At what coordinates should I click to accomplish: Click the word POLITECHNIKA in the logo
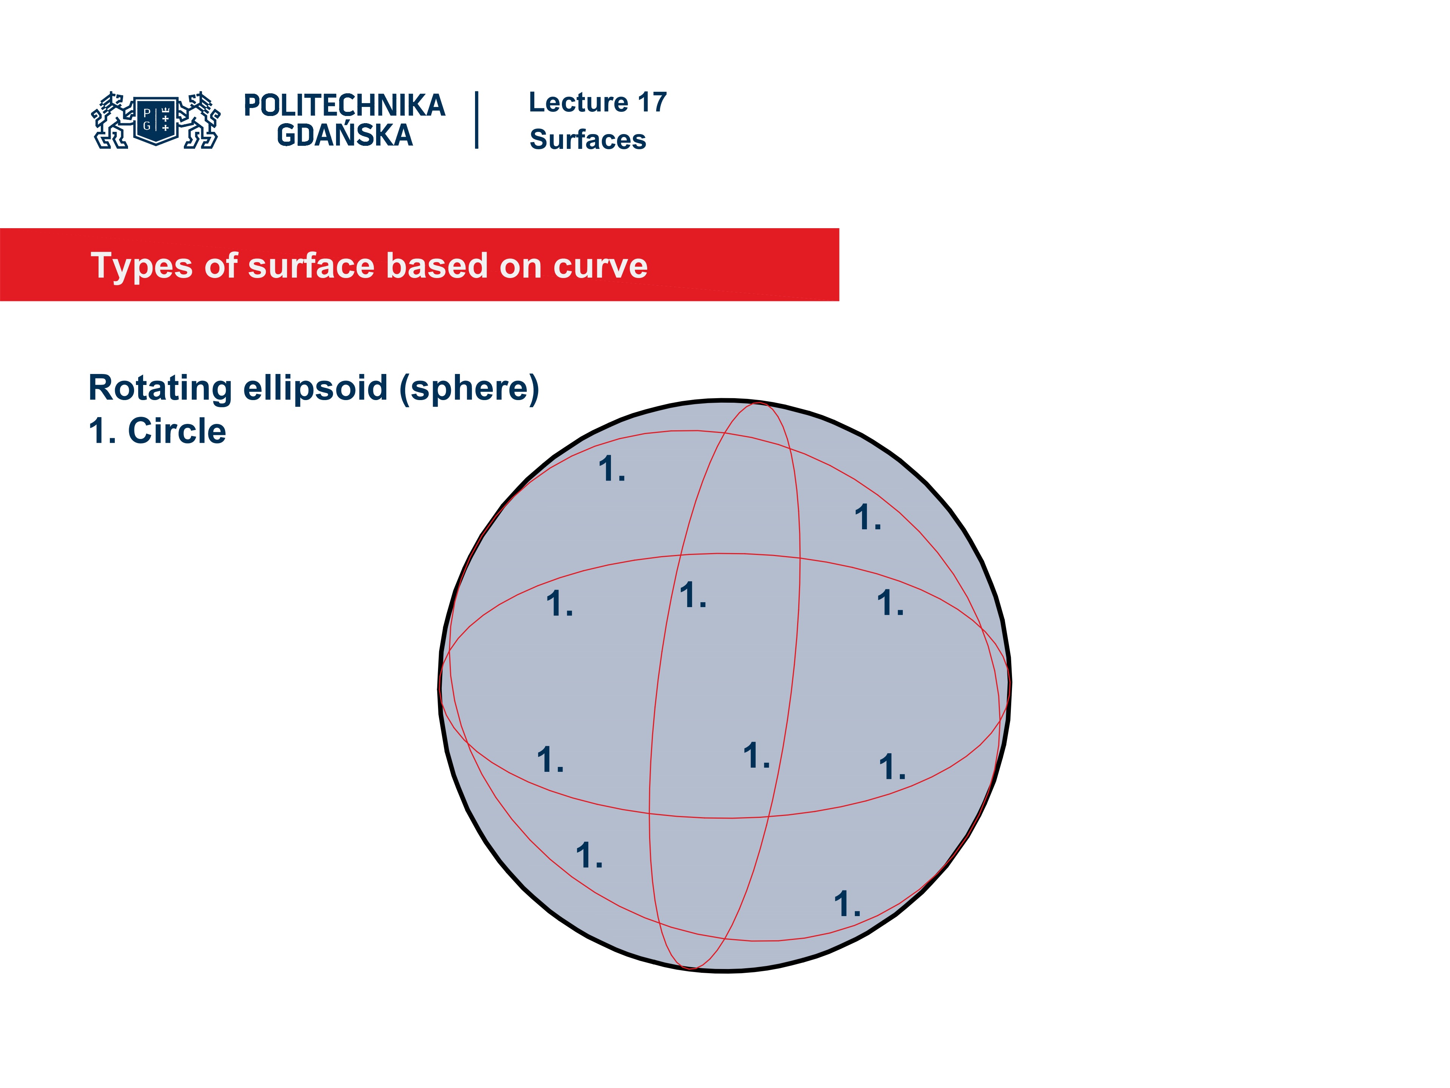point(344,105)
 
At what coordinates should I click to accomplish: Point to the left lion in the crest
point(111,121)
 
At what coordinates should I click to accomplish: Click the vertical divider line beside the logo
point(477,120)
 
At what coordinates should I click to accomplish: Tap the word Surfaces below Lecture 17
point(587,140)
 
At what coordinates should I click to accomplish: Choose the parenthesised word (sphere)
point(469,388)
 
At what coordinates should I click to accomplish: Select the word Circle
point(177,431)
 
